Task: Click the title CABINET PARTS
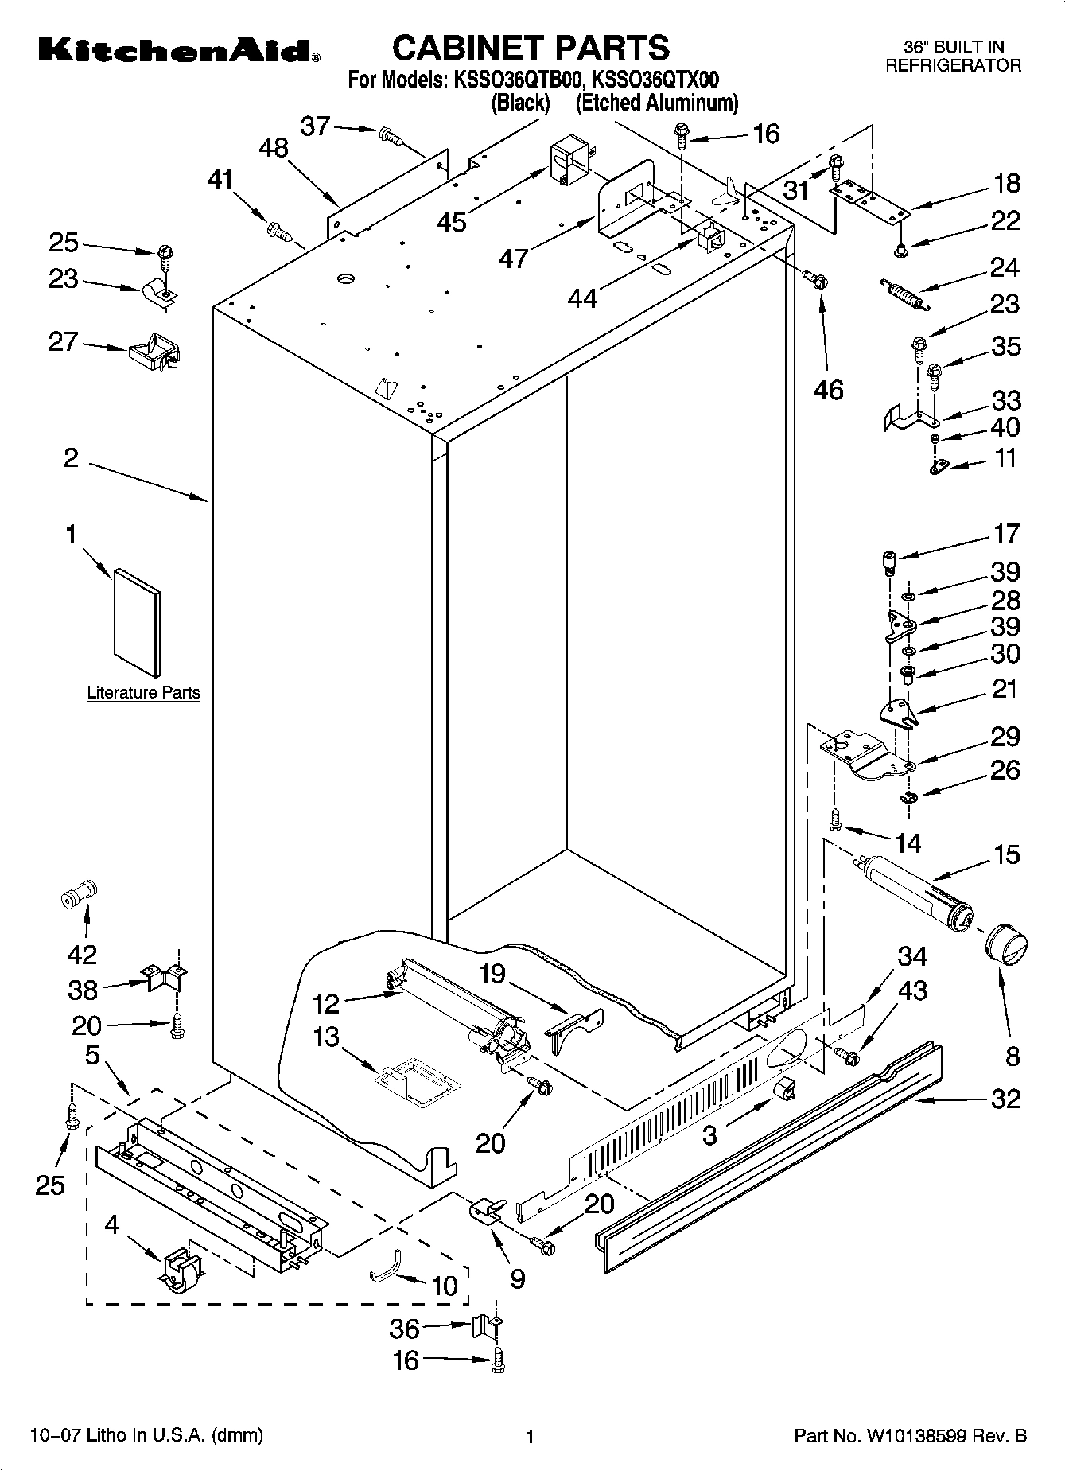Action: (531, 48)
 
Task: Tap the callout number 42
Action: (82, 954)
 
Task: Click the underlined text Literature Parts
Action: (143, 693)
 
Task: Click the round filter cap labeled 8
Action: (1005, 948)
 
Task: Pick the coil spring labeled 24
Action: (904, 293)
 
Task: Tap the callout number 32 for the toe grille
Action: (1005, 1099)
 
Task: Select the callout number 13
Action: (326, 1037)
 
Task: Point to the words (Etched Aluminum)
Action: (657, 103)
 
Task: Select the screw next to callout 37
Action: (391, 137)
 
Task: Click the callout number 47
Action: (514, 257)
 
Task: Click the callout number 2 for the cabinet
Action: (71, 457)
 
